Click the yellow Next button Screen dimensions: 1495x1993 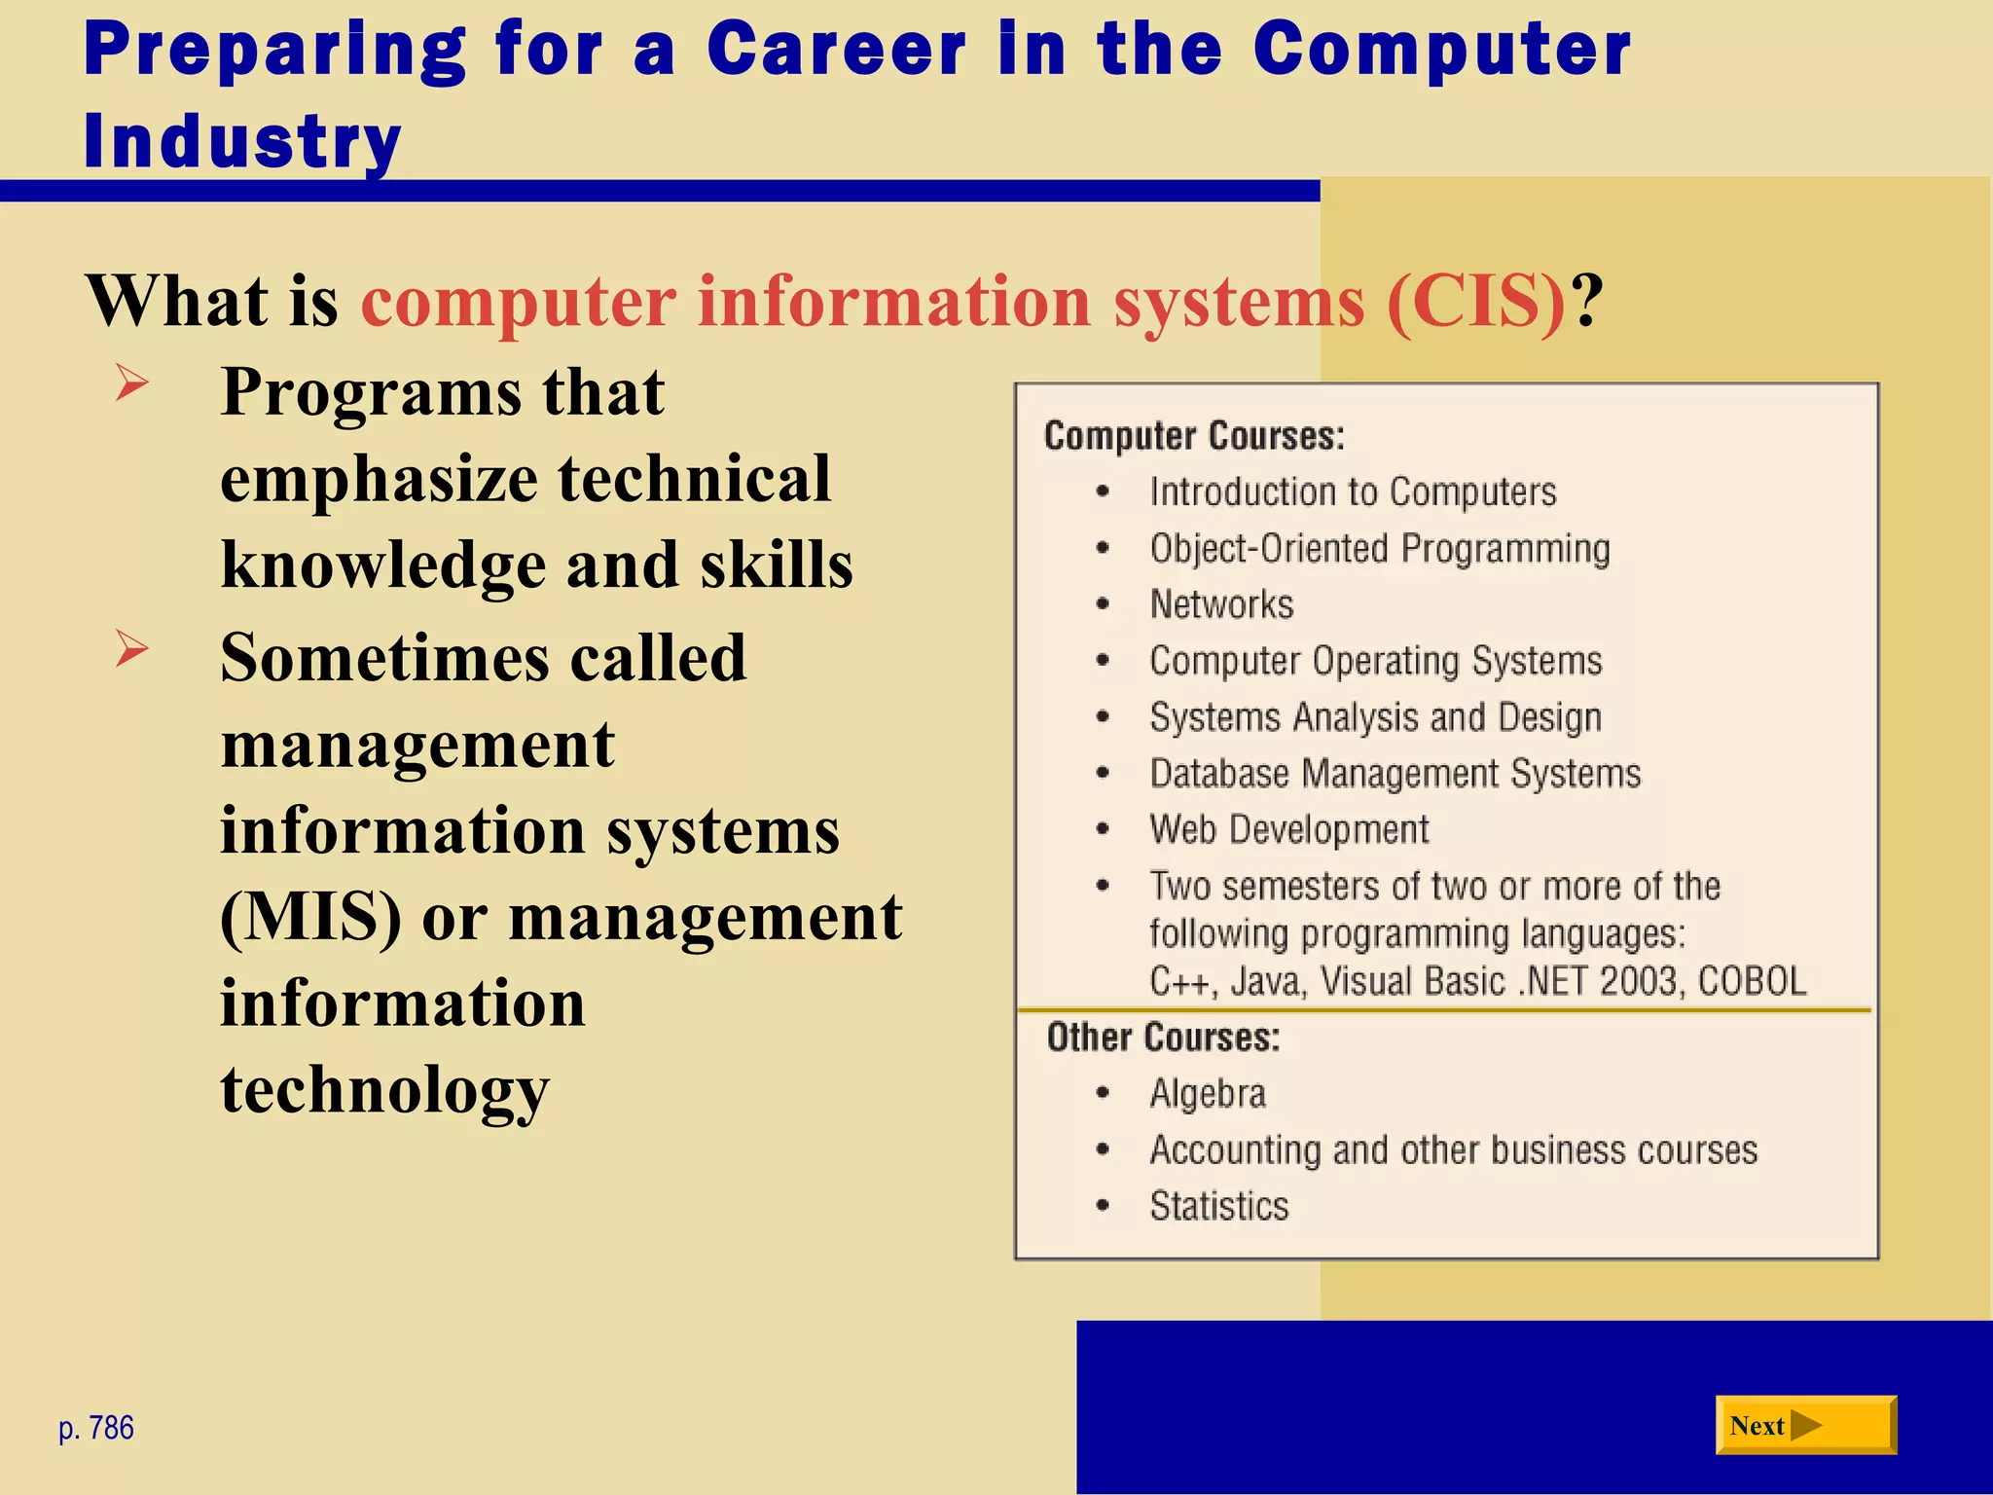[x=1805, y=1426]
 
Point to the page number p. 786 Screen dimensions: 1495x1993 [x=96, y=1428]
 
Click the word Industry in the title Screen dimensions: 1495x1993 [x=242, y=141]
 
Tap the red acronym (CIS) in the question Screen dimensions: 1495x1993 [x=1475, y=301]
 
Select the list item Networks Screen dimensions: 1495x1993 [x=1221, y=604]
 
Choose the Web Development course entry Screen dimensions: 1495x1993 [x=1288, y=829]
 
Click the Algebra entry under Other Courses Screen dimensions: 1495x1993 [x=1208, y=1093]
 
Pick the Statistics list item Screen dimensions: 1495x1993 [x=1218, y=1206]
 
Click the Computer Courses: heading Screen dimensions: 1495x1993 [x=1194, y=436]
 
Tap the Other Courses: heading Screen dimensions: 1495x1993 [x=1163, y=1038]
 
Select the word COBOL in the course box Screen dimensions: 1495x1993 [x=1752, y=981]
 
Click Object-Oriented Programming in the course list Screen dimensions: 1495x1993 [x=1379, y=549]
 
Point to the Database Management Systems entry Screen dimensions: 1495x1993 [x=1395, y=774]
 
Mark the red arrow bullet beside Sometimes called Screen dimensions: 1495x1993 [x=131, y=648]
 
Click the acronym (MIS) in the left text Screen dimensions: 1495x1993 [x=310, y=917]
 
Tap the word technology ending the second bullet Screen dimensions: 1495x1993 [x=385, y=1090]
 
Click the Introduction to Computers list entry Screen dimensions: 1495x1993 [x=1353, y=492]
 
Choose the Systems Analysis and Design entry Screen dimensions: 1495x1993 [x=1375, y=717]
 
